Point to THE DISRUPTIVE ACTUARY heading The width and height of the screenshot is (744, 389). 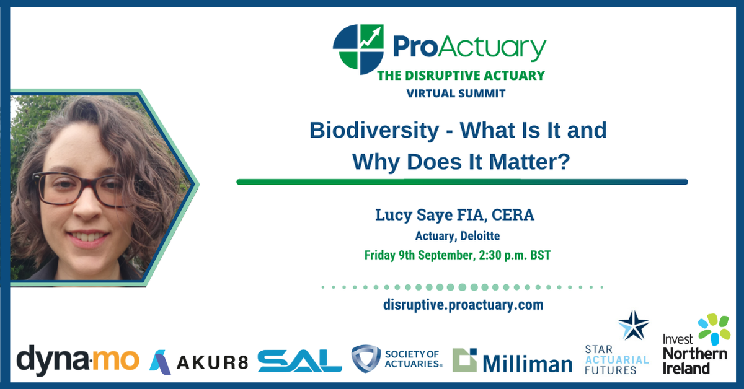[x=461, y=76]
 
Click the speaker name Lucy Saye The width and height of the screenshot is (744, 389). [x=416, y=216]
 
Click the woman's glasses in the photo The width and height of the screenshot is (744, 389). [x=87, y=188]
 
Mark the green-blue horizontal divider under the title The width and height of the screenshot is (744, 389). [x=462, y=182]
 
